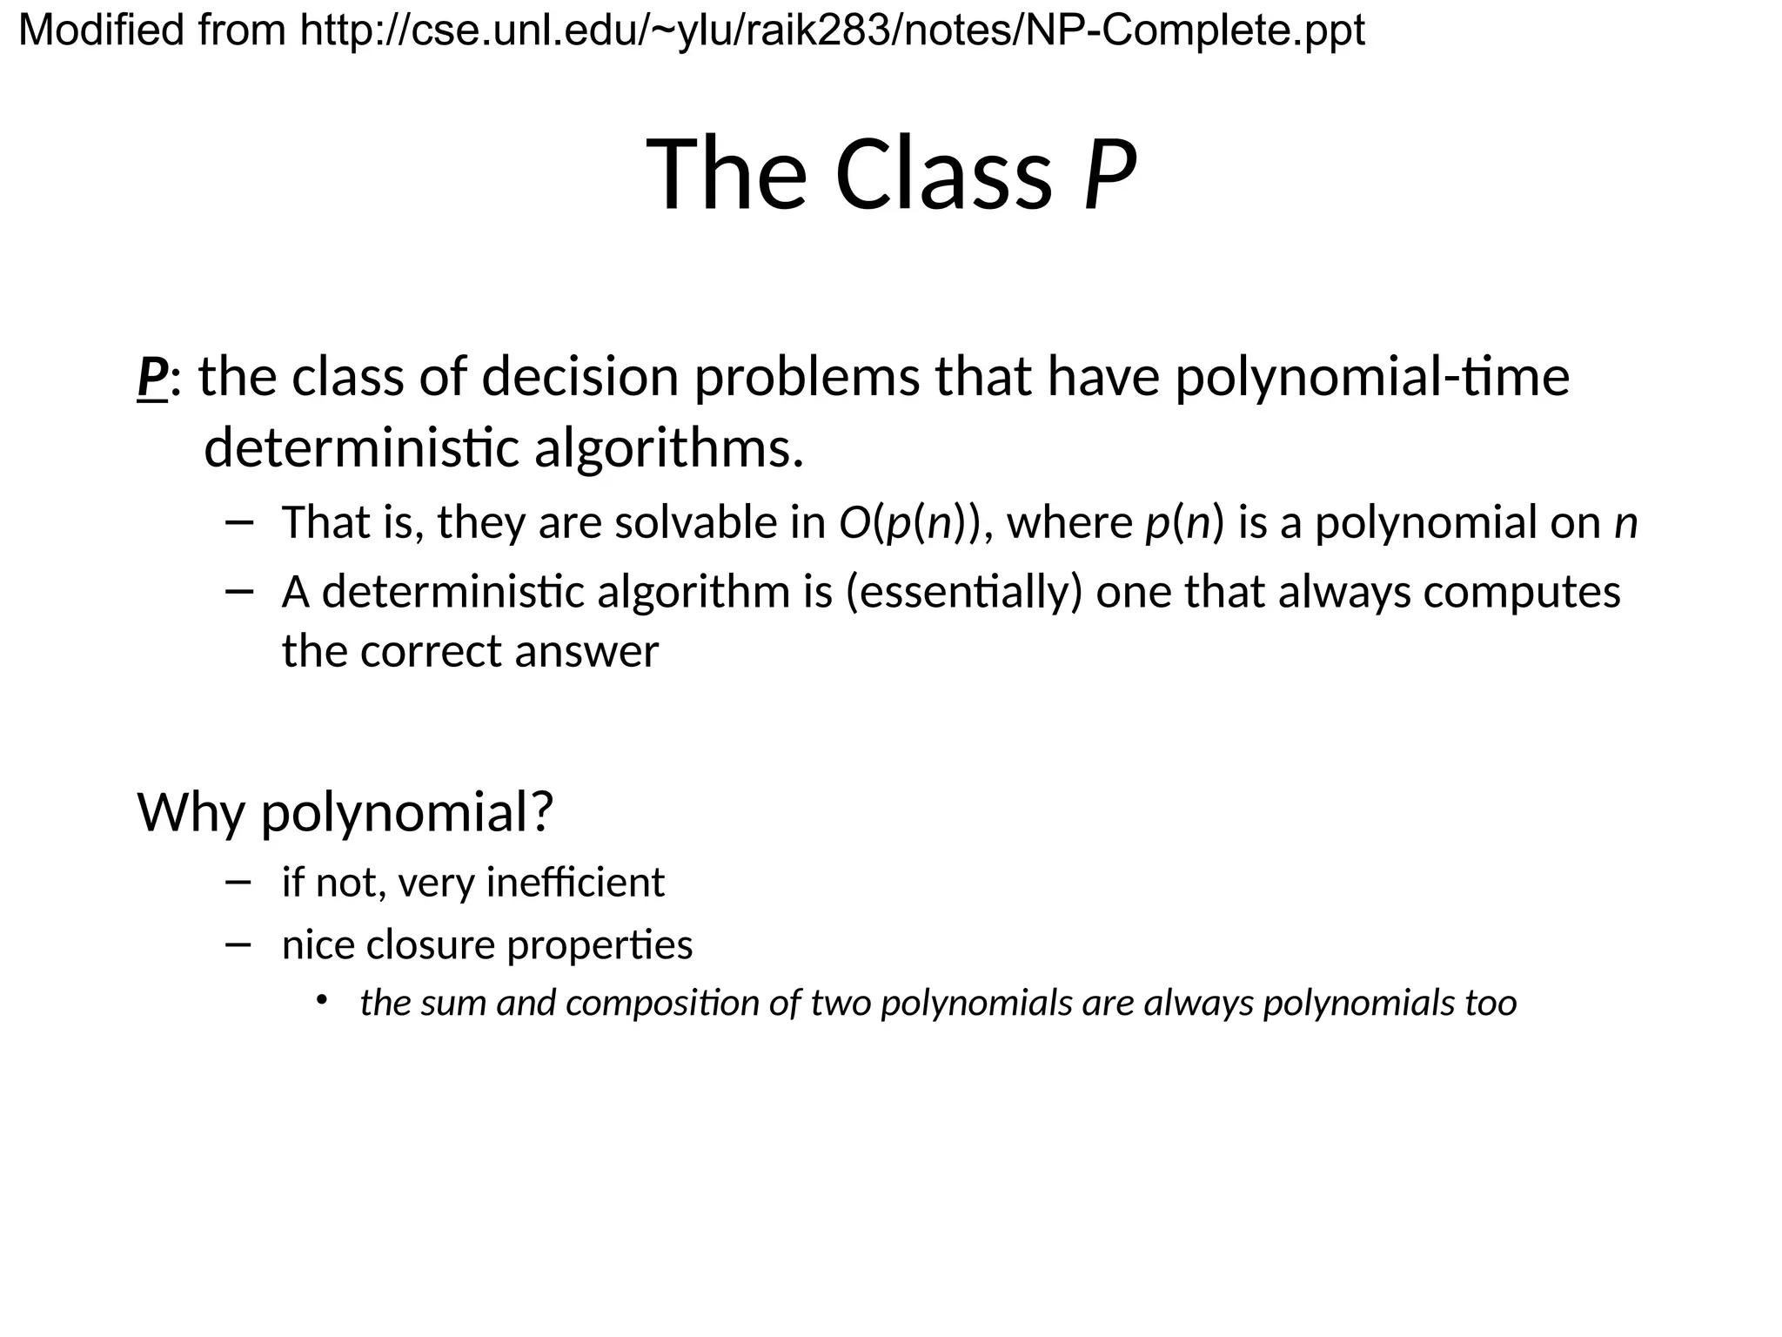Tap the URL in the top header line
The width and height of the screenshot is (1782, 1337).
click(832, 31)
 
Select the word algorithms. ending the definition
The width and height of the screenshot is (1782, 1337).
click(668, 449)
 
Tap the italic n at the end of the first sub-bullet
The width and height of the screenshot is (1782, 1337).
click(1625, 524)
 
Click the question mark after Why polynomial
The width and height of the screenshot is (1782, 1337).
click(541, 812)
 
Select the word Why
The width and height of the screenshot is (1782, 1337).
click(191, 812)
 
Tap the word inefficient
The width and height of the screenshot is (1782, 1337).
click(575, 883)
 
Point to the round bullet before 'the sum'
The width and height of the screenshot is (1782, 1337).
click(321, 1000)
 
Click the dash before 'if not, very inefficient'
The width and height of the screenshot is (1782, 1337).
click(238, 882)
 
